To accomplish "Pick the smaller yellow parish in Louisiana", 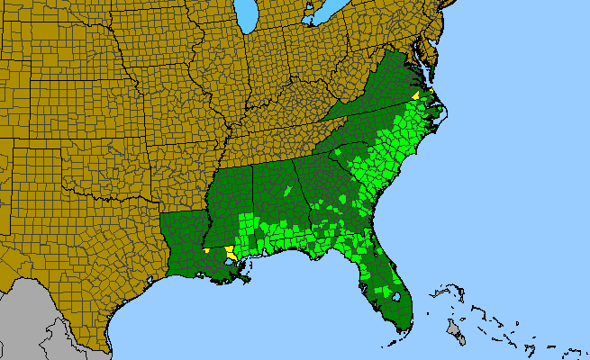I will click(206, 250).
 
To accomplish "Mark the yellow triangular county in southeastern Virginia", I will click(415, 94).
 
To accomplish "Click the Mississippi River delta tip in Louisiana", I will click(251, 282).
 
